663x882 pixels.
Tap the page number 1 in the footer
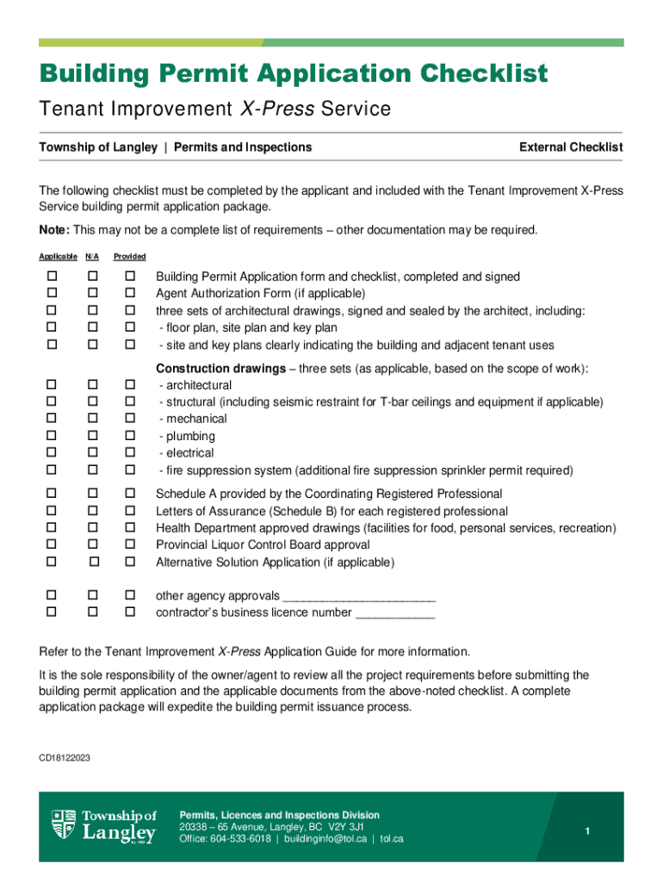click(586, 830)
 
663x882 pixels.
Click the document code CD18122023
click(65, 757)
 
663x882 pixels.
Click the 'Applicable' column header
click(57, 257)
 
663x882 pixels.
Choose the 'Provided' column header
click(130, 257)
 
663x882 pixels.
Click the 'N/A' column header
click(92, 257)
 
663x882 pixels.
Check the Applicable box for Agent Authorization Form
click(53, 294)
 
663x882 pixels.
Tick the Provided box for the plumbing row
click(131, 436)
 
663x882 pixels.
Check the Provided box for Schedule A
click(131, 494)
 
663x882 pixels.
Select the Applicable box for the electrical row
click(53, 453)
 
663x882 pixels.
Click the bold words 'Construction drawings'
click(220, 369)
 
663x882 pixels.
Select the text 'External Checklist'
click(571, 147)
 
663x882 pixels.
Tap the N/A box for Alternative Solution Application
click(94, 562)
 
